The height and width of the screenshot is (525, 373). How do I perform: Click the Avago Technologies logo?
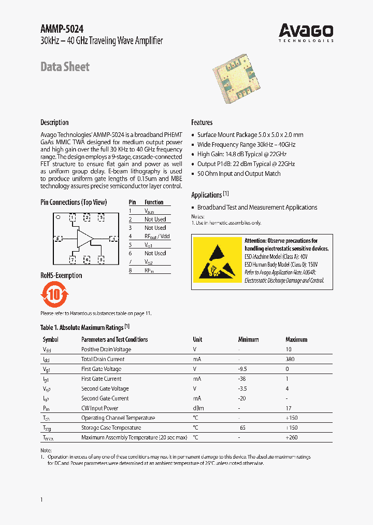click(306, 32)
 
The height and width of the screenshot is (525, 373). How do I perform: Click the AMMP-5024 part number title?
click(62, 30)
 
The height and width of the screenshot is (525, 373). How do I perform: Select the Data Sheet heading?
click(65, 67)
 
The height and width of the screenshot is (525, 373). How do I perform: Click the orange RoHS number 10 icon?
click(54, 295)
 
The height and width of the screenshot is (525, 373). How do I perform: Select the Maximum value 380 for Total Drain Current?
click(291, 359)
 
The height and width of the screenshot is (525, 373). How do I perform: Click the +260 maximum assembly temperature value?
click(293, 437)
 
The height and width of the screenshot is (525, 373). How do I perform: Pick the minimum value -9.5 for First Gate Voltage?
click(242, 369)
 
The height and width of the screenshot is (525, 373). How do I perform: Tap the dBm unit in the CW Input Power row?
click(198, 408)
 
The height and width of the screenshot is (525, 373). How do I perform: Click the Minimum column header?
click(248, 339)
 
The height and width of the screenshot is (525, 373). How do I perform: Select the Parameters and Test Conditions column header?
click(114, 339)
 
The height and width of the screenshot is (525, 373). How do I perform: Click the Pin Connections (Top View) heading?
click(74, 202)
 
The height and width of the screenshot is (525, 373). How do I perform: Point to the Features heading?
click(202, 122)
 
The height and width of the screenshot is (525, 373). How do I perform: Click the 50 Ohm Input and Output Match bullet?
click(239, 174)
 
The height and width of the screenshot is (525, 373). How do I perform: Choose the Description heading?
click(54, 122)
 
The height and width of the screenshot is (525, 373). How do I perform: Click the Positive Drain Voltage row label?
click(106, 349)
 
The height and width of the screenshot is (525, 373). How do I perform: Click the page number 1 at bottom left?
click(41, 499)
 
